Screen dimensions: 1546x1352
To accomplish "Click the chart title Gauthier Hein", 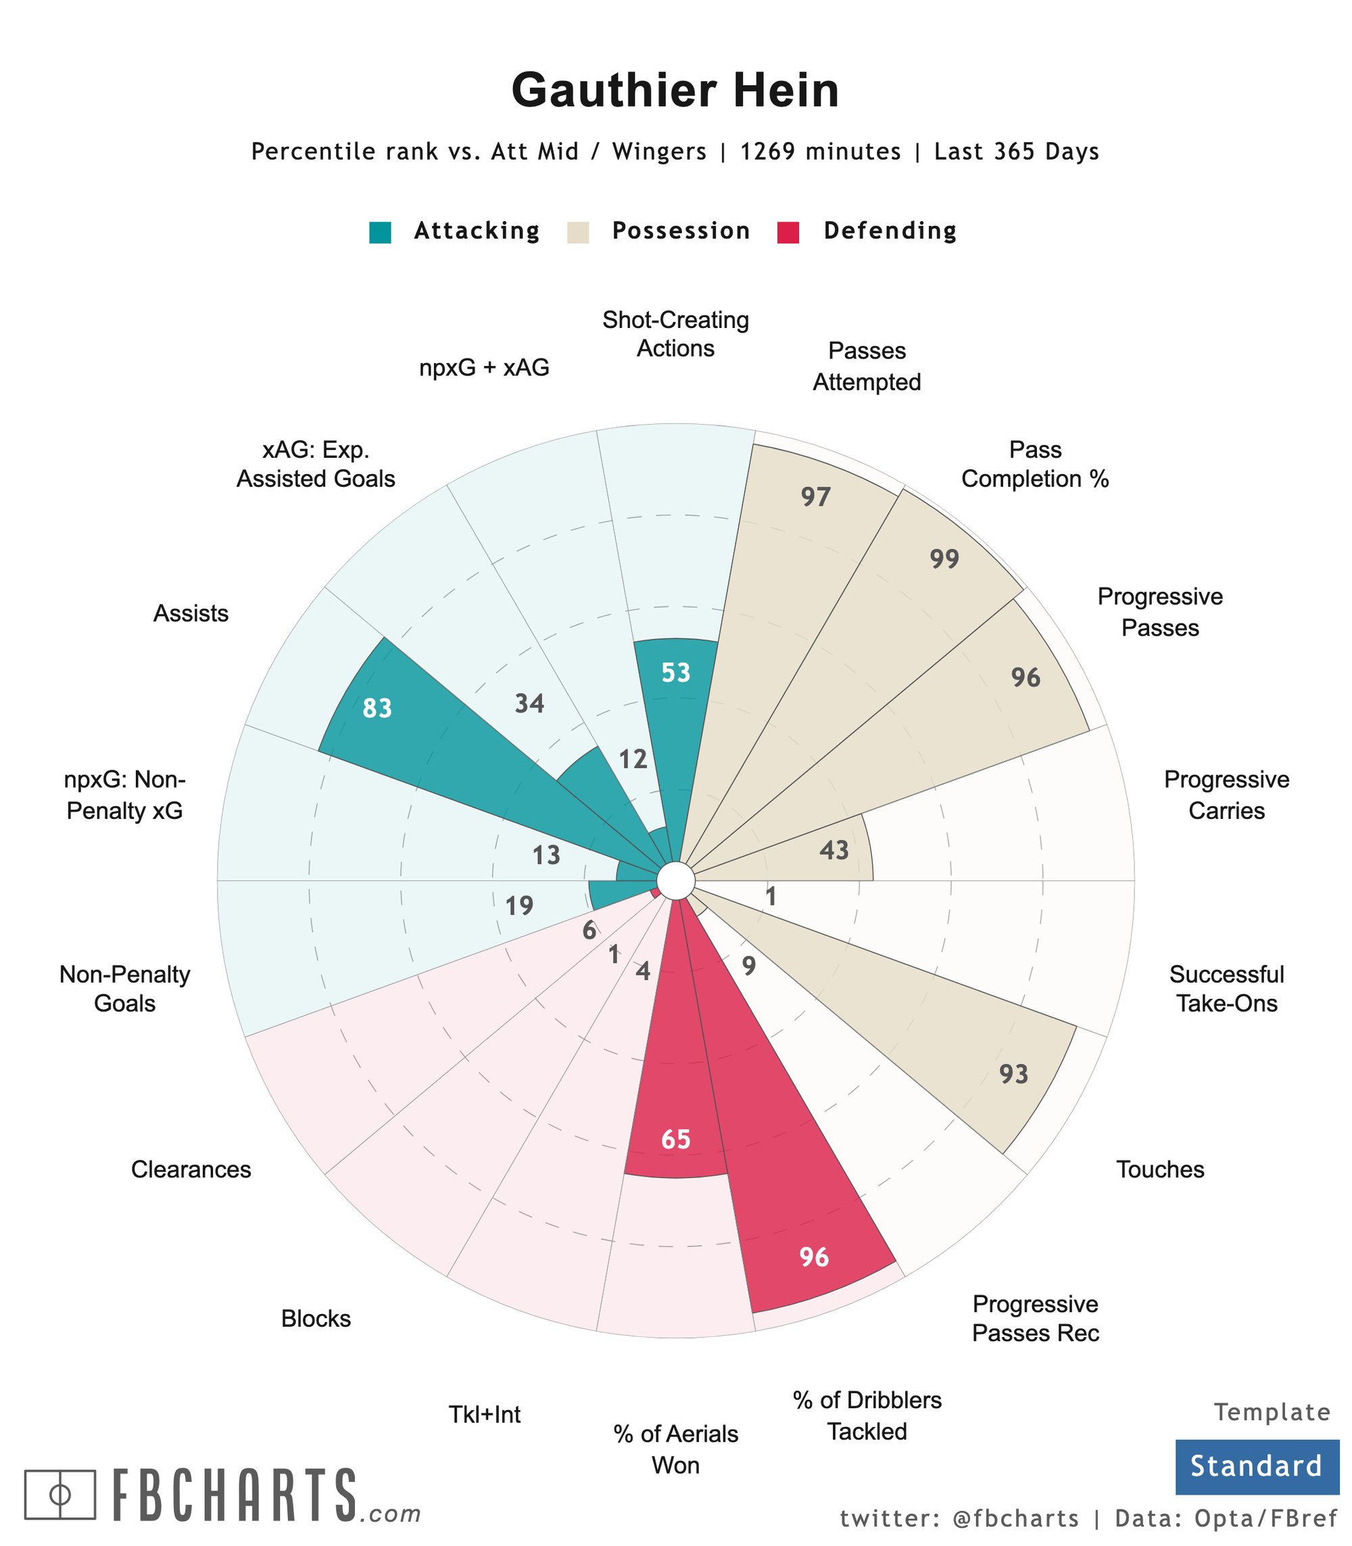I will [675, 91].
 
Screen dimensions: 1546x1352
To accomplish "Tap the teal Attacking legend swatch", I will [380, 232].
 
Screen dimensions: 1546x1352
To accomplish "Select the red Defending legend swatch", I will [788, 232].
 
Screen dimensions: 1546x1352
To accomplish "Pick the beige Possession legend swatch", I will [578, 232].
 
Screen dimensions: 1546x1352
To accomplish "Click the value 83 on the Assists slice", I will [377, 708].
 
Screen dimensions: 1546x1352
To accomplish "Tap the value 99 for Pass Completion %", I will [944, 559].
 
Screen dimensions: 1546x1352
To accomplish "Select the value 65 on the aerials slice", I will [676, 1139].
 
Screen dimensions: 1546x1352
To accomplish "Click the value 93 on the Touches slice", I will [1014, 1074].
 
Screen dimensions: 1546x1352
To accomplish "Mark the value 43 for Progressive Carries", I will [834, 851].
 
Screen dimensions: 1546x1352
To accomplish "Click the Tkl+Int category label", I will [485, 1414].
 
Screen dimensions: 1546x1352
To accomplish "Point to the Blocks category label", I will [316, 1319].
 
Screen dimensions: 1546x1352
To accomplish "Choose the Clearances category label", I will [191, 1169].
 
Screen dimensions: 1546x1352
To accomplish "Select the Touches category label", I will [1159, 1169].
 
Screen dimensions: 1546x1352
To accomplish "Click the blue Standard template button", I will [1256, 1466].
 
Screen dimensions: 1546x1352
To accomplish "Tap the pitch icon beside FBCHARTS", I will [60, 1494].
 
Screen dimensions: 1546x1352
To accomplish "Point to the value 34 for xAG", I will [529, 703].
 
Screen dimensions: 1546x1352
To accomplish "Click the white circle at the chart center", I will [676, 881].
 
